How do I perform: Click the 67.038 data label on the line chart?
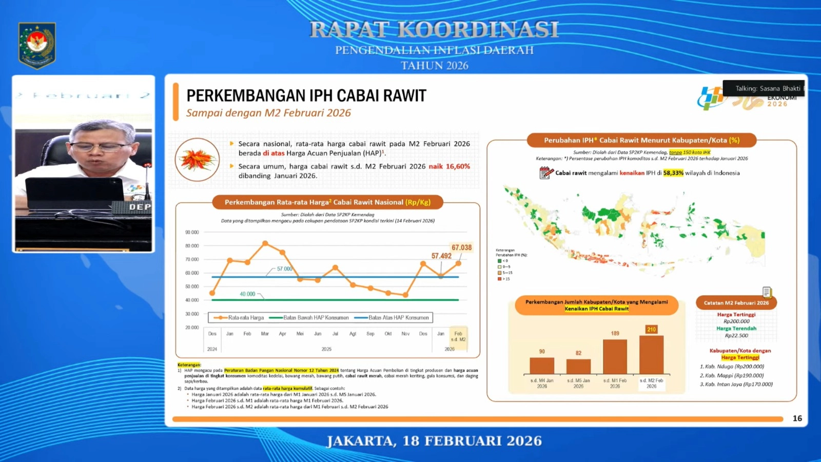461,247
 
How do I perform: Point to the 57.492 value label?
441,256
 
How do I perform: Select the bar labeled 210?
651,354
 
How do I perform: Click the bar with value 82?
578,366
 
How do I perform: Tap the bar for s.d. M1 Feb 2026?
615,356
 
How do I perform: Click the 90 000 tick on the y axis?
192,233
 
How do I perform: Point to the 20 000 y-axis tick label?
192,328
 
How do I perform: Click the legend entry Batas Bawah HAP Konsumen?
309,318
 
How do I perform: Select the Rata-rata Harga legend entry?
239,318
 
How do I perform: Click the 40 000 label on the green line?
247,294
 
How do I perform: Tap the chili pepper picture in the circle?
197,160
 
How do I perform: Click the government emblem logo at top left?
37,45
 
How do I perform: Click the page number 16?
797,418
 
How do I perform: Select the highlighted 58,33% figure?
673,173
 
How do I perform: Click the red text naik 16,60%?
449,166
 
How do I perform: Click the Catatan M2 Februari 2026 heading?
736,303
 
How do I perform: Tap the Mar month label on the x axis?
265,334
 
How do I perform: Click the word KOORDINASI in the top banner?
478,30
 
